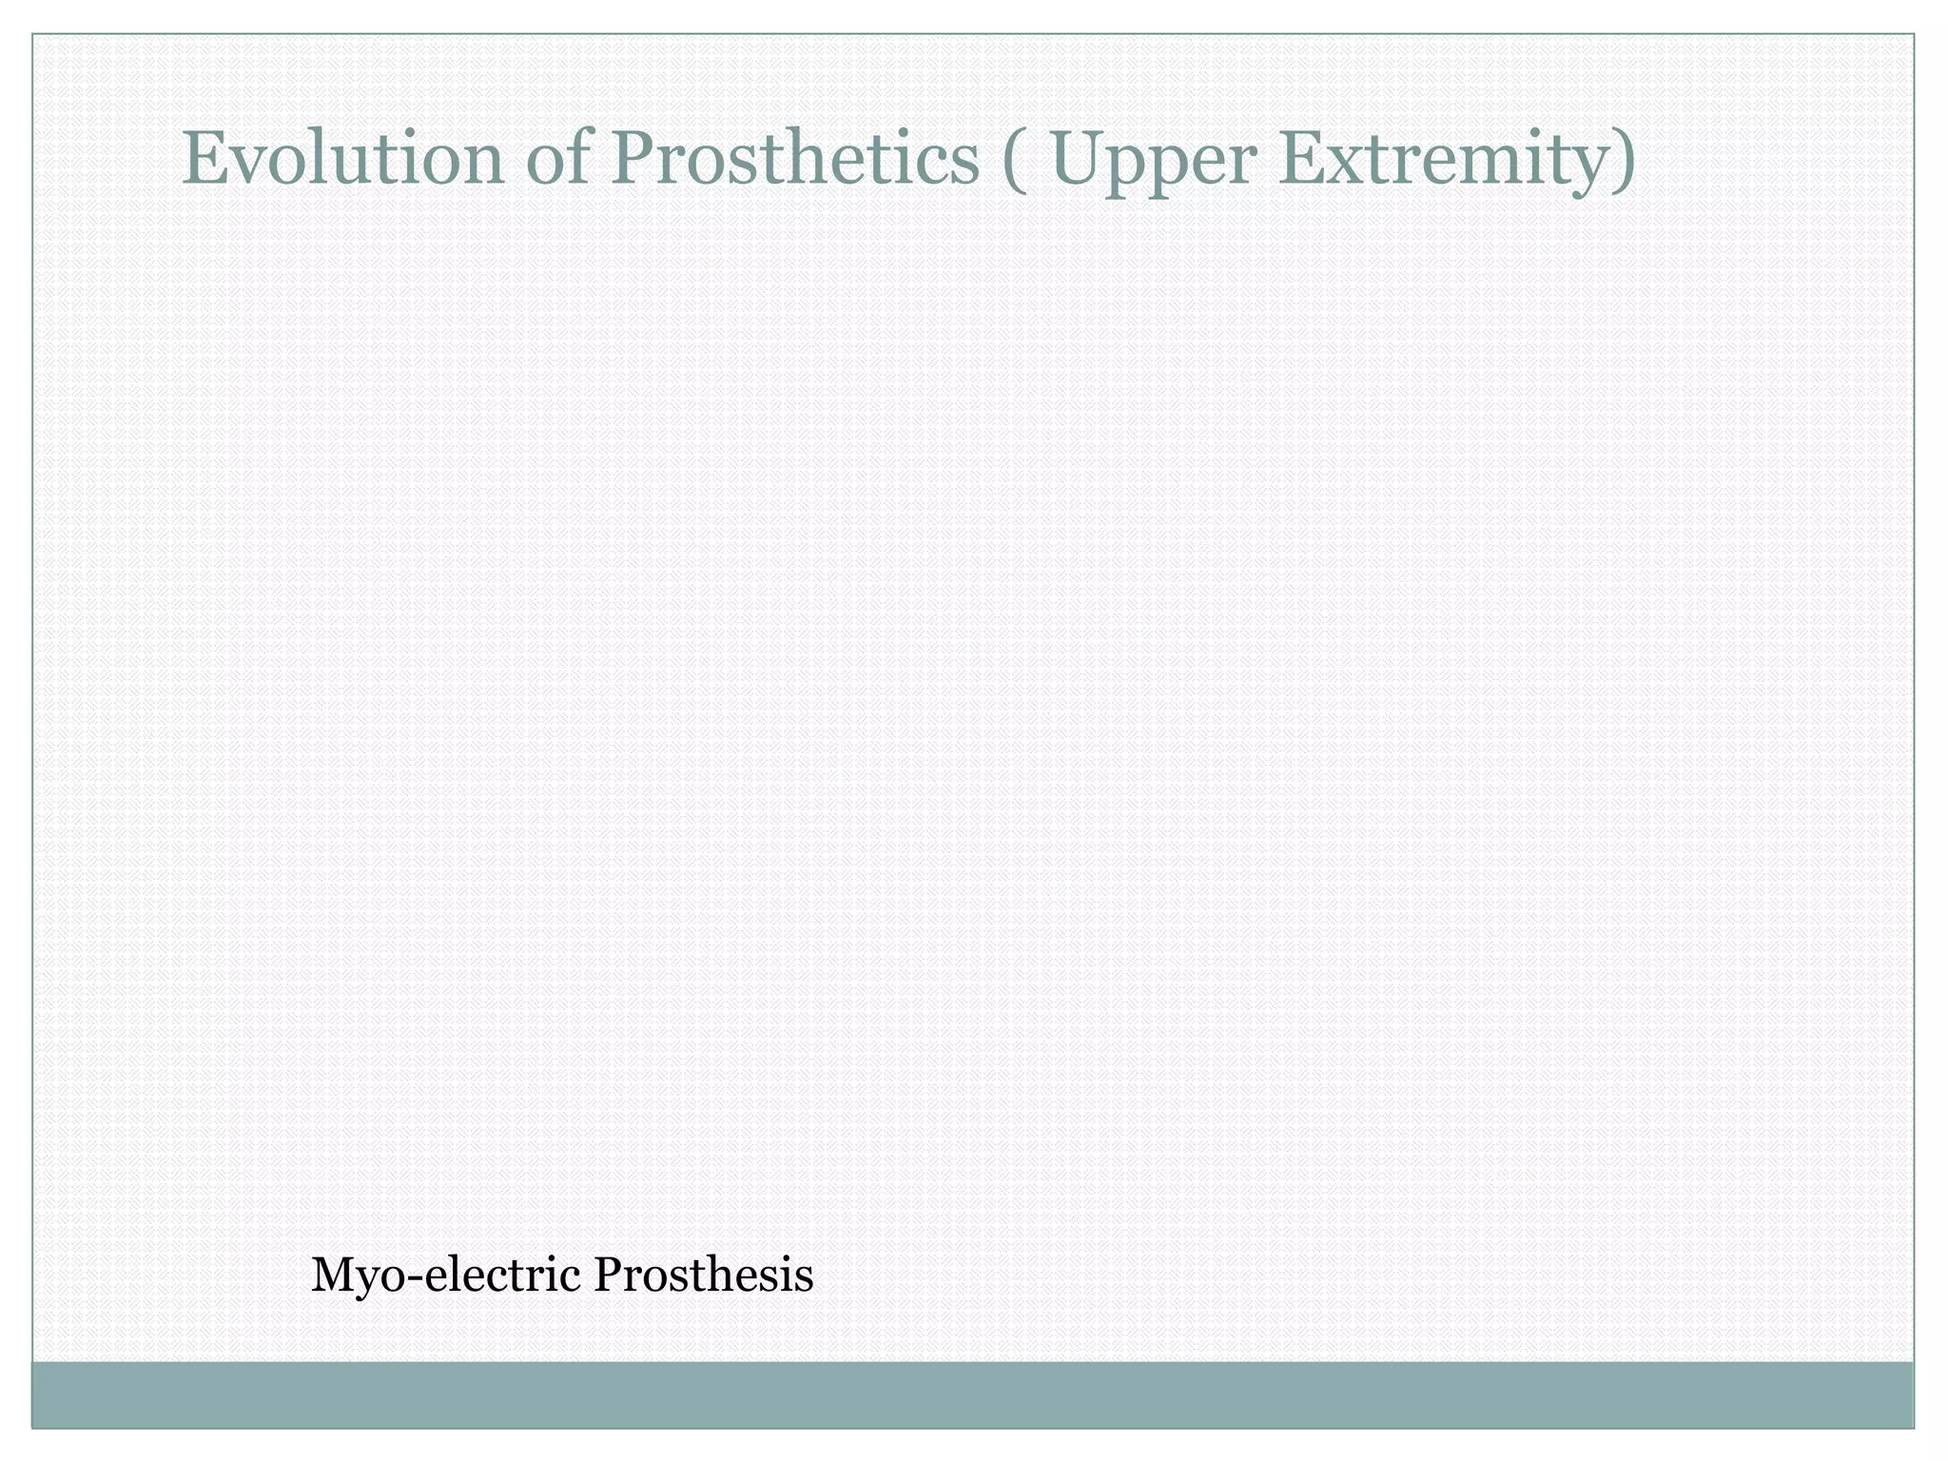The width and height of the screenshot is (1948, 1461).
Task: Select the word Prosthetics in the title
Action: tap(799, 158)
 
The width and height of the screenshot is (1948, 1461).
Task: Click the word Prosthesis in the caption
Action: tap(703, 1275)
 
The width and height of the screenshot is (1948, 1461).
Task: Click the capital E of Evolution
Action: tap(203, 158)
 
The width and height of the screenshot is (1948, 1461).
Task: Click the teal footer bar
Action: tap(972, 1393)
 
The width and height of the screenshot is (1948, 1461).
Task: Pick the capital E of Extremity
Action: tap(1299, 158)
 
